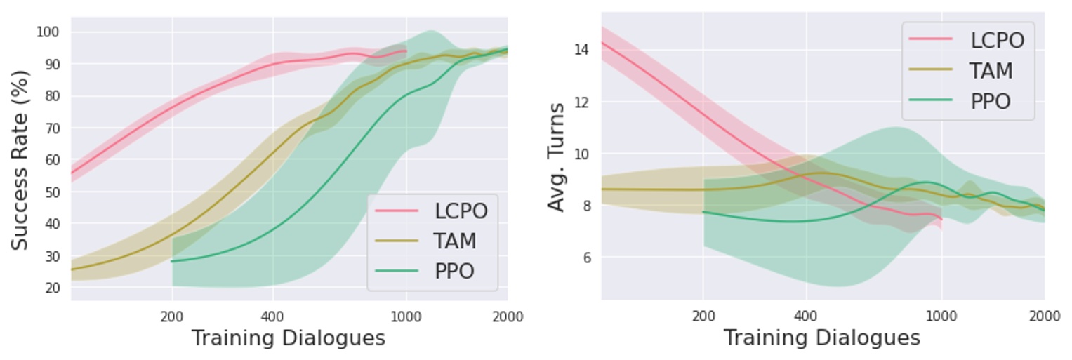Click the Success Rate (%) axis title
pos(20,160)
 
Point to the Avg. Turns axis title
pos(557,157)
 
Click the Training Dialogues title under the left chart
pos(289,338)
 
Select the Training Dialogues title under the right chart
pos(821,338)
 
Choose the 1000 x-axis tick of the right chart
pos(941,316)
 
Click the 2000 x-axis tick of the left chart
pos(508,316)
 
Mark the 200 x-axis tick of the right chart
pos(703,316)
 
